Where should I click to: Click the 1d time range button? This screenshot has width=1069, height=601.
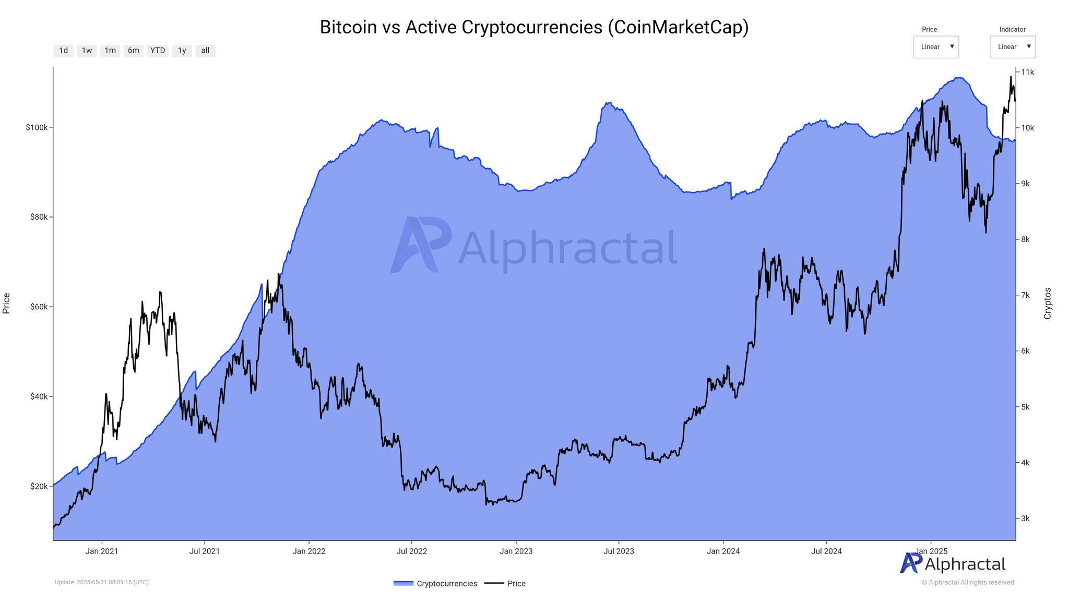pos(63,51)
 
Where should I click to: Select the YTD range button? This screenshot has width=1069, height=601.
pos(157,51)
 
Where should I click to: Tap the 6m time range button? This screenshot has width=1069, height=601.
pos(134,51)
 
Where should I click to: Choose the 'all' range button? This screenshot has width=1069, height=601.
pos(205,51)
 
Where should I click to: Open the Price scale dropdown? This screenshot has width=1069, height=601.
pos(935,47)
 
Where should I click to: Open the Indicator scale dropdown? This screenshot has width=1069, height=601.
pos(1012,47)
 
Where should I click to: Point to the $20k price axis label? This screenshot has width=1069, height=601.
pos(39,486)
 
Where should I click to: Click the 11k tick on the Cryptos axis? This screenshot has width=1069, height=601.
pos(1027,72)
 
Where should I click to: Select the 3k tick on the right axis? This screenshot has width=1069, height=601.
pos(1025,519)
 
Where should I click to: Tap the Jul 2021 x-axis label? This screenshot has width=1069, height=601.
pos(204,551)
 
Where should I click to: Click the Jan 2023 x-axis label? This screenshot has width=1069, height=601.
pos(516,551)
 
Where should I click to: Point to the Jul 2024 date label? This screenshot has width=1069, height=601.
pos(826,551)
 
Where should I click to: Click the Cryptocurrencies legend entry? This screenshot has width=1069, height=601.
pos(435,583)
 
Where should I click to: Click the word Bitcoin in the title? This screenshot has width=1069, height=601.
pos(348,27)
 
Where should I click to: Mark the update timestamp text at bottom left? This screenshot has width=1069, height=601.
pos(102,582)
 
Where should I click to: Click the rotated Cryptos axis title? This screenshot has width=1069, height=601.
pos(1048,303)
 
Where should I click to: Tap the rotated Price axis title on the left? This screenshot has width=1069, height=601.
pos(6,303)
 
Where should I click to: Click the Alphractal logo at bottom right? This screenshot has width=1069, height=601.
pos(953,564)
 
